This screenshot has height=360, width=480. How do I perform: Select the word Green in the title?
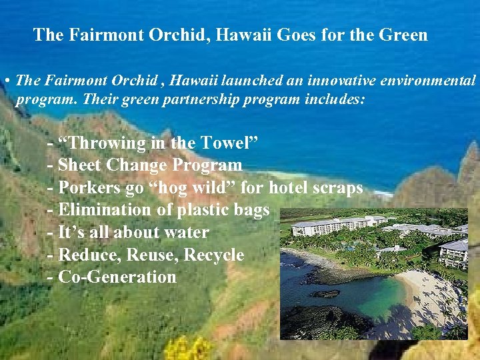pos(401,35)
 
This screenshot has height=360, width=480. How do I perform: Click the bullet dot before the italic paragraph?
pos(5,81)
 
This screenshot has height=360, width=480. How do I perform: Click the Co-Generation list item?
pos(117,277)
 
